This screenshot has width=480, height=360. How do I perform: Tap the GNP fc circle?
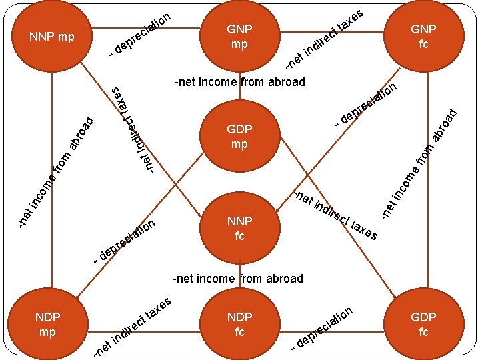coord(423,37)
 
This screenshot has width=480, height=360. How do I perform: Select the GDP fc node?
coord(423,323)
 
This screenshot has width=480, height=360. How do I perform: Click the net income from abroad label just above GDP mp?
coord(239,83)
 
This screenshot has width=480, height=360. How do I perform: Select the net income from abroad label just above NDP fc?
coord(238,279)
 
